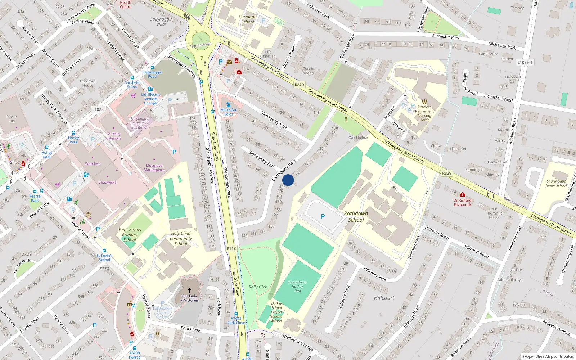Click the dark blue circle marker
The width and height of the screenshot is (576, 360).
click(288, 180)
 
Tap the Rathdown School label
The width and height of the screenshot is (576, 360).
click(356, 216)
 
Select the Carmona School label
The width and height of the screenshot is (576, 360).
click(248, 19)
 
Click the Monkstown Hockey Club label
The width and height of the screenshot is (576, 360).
click(297, 287)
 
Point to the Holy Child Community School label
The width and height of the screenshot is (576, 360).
click(181, 238)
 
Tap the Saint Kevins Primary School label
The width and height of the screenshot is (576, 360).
click(130, 234)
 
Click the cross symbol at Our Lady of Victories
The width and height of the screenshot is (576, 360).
click(189, 289)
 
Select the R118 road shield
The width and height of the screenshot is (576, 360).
click(231, 248)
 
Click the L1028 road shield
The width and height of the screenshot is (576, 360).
click(98, 109)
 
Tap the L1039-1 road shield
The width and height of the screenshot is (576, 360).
click(525, 62)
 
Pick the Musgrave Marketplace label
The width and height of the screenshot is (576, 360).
click(154, 168)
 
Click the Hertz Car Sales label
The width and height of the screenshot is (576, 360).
click(229, 112)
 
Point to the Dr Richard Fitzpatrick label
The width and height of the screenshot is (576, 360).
click(462, 202)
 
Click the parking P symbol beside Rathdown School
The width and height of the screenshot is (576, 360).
click(323, 216)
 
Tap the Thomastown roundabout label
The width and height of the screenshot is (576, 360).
click(201, 45)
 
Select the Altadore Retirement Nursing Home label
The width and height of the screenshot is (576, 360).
click(424, 113)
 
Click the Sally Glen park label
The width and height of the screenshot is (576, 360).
click(258, 287)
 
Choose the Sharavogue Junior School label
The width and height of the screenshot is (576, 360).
click(556, 183)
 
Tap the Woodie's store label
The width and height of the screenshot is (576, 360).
click(93, 163)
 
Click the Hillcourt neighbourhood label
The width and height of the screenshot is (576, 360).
click(384, 298)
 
